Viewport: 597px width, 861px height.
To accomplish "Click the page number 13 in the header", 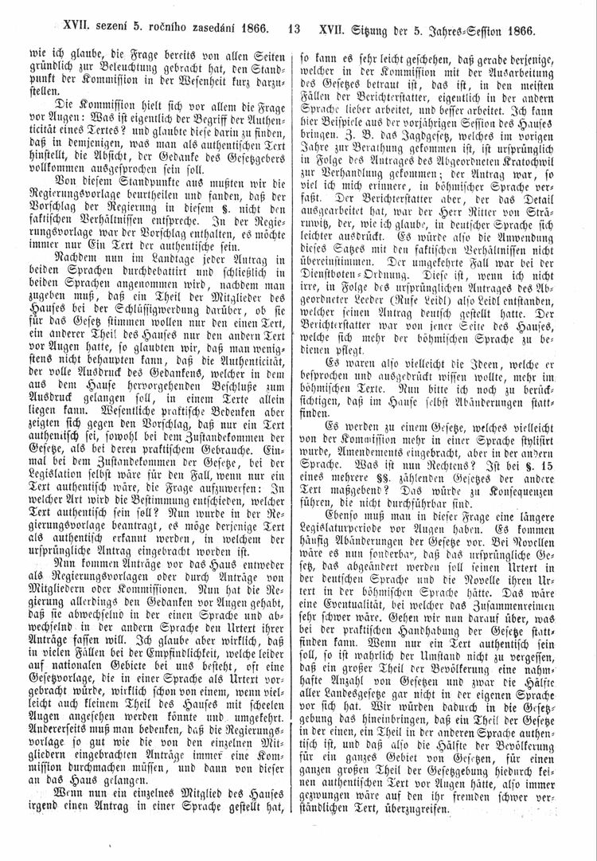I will (294, 32).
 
